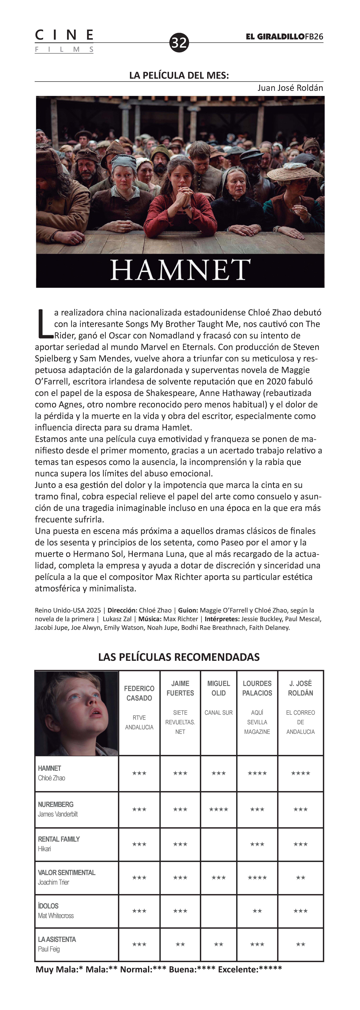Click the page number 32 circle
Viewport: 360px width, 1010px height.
click(179, 42)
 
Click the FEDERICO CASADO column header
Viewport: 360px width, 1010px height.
click(139, 693)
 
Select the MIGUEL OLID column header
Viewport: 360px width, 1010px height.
click(218, 688)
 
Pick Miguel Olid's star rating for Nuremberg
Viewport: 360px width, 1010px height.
click(218, 809)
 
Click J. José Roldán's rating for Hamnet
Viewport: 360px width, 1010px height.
click(300, 773)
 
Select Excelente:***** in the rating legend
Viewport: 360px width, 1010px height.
click(250, 969)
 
